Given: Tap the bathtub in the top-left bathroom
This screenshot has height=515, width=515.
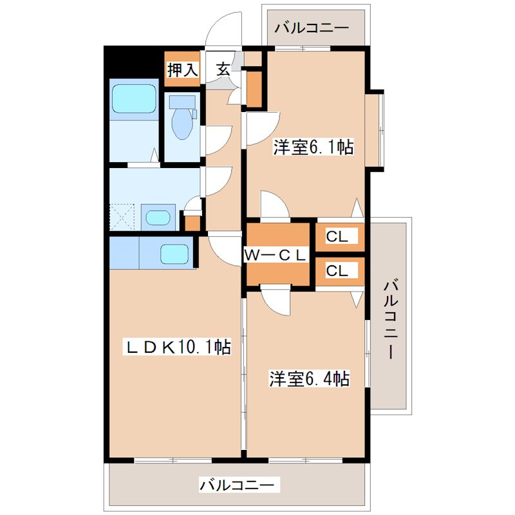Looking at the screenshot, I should (x=134, y=98).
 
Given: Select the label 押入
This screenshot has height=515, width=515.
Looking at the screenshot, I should (x=182, y=70).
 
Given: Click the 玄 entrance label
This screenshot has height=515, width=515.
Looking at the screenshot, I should (x=223, y=70).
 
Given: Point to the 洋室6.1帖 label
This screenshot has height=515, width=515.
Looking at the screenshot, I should (x=313, y=147).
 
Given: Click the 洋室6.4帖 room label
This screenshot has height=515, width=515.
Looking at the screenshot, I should (x=309, y=379).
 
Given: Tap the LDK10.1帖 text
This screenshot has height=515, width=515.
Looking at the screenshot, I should (x=178, y=347).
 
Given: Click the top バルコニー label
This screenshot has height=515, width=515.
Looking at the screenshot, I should (x=312, y=28).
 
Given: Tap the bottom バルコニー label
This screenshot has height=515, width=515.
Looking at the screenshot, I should (x=239, y=484).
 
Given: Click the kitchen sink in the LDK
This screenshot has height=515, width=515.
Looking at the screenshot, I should (x=174, y=253).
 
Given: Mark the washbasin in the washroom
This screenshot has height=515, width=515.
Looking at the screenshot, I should (x=157, y=216).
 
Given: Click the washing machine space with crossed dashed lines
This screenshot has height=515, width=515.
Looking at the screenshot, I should (x=123, y=216).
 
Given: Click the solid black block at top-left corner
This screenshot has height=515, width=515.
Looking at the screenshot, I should (x=132, y=61).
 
